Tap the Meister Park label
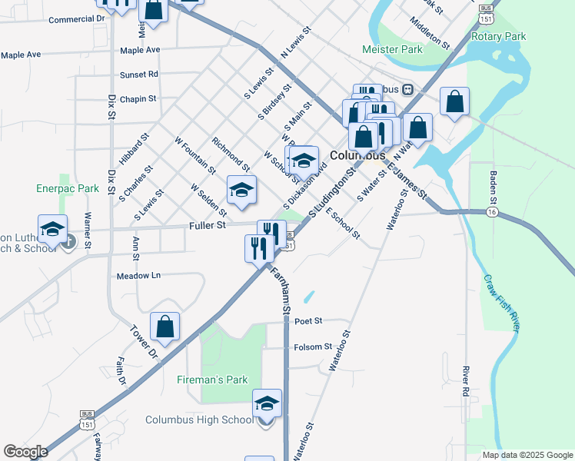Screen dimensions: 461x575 [393, 50]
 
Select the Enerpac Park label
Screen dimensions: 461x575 [68, 188]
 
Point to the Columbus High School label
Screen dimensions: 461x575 [199, 420]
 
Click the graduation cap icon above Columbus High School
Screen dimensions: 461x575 [267, 403]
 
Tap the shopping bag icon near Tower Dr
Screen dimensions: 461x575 [165, 327]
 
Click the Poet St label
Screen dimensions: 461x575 [307, 321]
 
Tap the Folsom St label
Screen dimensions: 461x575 [312, 347]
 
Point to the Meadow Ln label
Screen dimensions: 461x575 [138, 275]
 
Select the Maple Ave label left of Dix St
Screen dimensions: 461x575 [21, 55]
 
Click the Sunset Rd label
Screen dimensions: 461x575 [138, 75]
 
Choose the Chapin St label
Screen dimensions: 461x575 [138, 99]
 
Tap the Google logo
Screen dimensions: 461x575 [25, 452]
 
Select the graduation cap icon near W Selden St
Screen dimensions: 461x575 [241, 191]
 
